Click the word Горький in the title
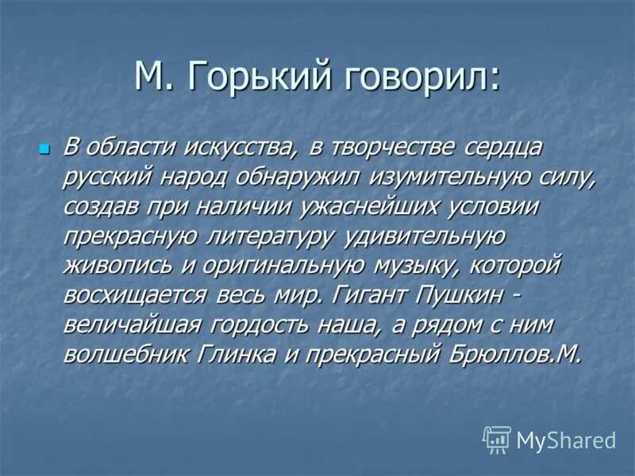(250, 79)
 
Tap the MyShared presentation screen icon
(496, 439)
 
